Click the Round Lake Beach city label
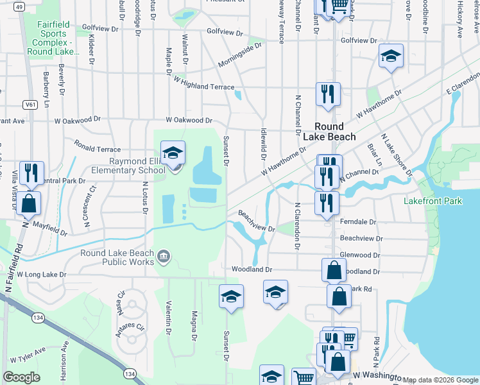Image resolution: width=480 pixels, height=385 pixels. pos(338,132)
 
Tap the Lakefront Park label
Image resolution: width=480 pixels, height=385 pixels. pos(433,201)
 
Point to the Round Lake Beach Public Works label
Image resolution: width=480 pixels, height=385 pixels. pos(117,257)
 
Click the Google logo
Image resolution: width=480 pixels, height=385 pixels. pos(21,377)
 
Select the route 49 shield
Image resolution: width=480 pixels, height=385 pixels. pos(19,7)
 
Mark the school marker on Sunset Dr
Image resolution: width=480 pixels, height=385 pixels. pos(231,296)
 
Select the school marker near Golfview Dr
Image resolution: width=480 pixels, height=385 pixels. pos(391,56)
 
